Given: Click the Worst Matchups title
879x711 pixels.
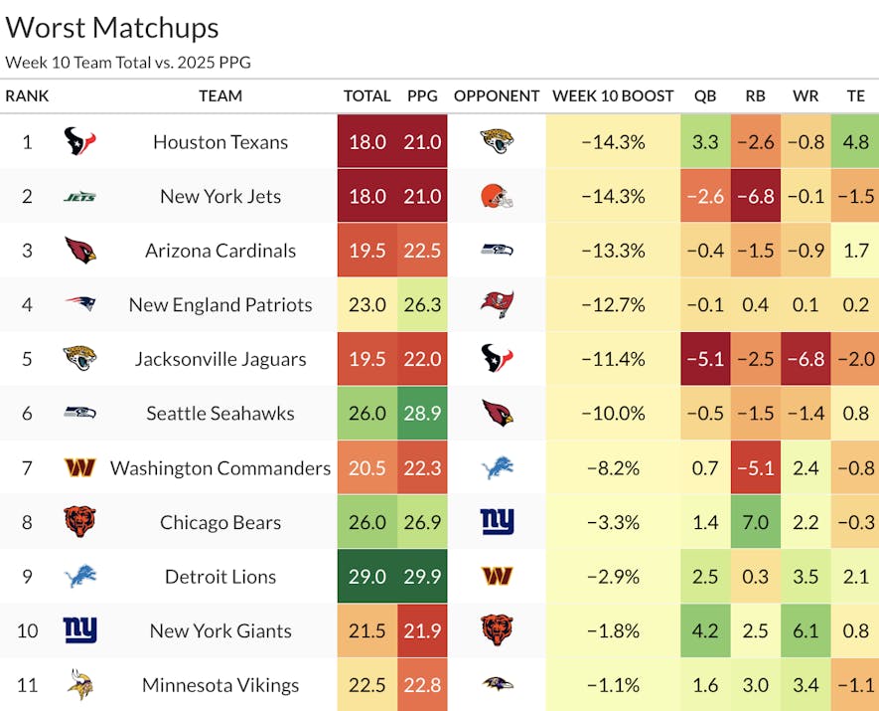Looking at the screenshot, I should (112, 27).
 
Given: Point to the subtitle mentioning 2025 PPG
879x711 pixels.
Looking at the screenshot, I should (128, 62).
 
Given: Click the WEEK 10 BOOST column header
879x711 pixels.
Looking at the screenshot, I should (613, 96).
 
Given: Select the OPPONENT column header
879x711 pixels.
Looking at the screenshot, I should (497, 96).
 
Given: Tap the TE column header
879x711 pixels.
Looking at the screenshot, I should (855, 96).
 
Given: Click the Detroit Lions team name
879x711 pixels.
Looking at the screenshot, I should (220, 577).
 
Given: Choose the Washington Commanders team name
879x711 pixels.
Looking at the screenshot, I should (220, 468).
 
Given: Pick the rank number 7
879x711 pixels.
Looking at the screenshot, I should (27, 468).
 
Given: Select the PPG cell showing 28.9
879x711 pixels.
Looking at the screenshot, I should (422, 414).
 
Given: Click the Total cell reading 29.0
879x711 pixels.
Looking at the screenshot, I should (366, 577).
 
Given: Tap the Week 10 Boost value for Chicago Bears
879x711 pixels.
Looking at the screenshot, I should (613, 523).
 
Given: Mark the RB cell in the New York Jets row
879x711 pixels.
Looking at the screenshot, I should (755, 197).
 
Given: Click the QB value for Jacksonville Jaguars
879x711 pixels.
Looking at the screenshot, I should (705, 360).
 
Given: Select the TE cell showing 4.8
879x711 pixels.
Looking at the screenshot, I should (855, 142).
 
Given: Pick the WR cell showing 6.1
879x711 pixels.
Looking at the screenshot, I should (806, 631).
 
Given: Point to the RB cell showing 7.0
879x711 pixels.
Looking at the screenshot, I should (755, 523).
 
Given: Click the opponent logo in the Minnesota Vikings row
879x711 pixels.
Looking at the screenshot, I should (497, 685).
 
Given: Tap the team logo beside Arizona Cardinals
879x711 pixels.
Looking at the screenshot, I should (79, 251).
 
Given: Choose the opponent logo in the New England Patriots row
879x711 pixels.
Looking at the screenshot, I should (497, 305).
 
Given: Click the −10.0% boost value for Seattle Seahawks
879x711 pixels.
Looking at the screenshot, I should (613, 414).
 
